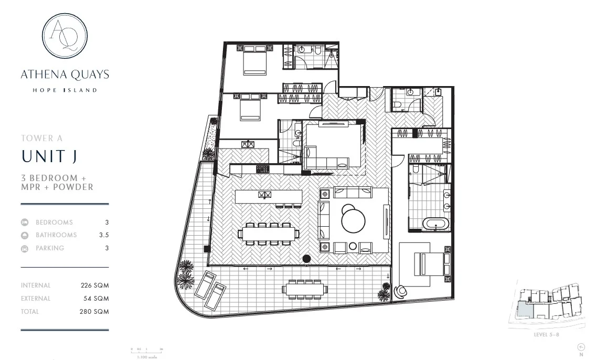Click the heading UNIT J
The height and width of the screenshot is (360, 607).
[x=50, y=156]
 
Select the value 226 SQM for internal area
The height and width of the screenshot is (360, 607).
[x=94, y=285]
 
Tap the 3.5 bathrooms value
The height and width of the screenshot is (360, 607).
[x=104, y=235]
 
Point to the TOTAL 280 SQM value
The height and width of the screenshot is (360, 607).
[x=94, y=311]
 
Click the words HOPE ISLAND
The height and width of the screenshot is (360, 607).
[x=65, y=90]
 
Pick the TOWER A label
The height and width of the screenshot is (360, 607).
[x=41, y=139]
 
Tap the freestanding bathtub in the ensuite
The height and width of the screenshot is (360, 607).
[x=436, y=225]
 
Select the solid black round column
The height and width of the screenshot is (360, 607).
[x=306, y=258]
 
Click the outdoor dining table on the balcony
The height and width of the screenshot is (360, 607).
[x=304, y=289]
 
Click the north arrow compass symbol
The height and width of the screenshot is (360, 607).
[x=581, y=347]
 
